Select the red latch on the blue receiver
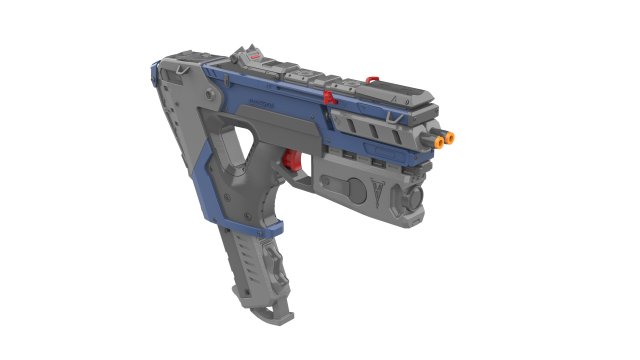(329, 97)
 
